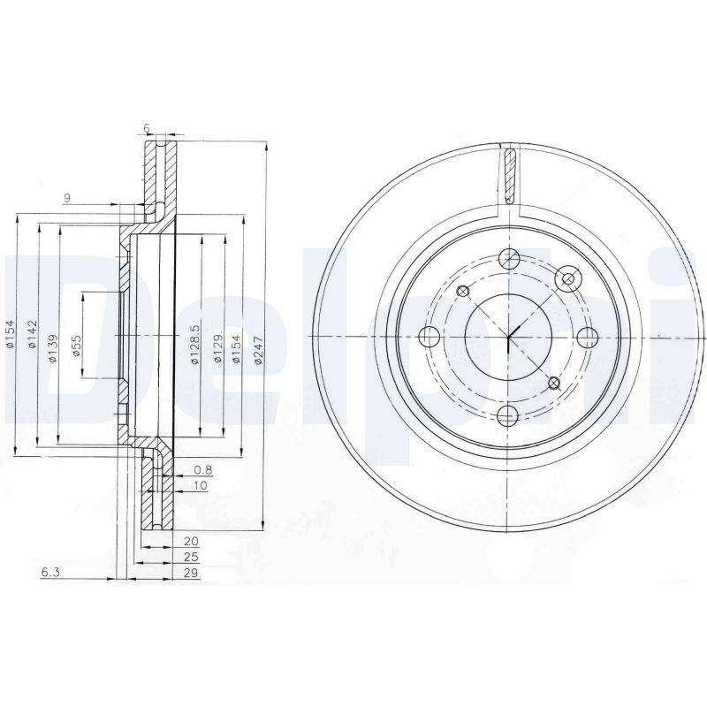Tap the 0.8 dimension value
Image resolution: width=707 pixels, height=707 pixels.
(201, 469)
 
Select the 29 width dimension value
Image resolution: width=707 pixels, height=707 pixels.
(191, 573)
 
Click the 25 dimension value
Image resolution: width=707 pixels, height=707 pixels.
(191, 557)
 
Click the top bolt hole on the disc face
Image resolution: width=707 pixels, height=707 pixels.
(509, 259)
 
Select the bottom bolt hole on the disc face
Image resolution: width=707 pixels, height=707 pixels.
(509, 416)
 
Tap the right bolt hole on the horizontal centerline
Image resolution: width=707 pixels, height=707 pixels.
(588, 337)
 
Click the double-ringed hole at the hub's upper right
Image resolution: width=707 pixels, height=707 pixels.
(566, 280)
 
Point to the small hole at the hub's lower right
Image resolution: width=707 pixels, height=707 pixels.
(554, 383)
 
